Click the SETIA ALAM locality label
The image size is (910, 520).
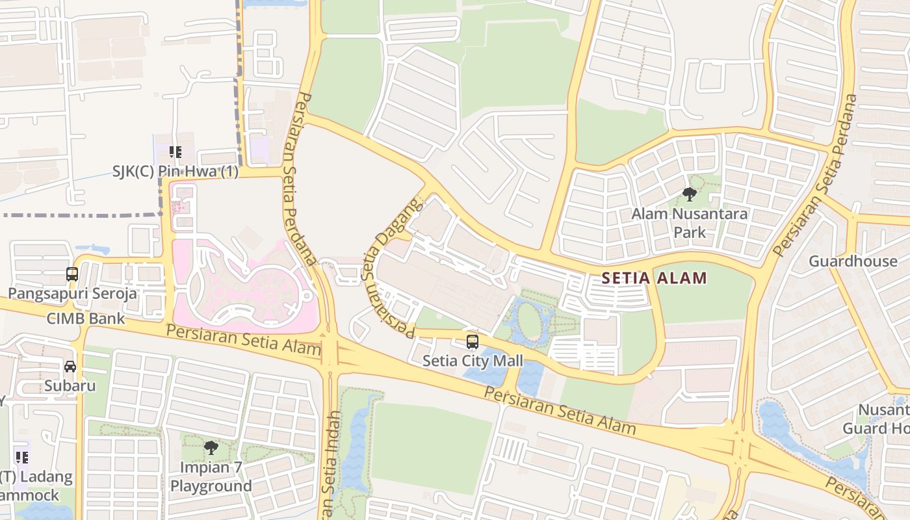point(654,279)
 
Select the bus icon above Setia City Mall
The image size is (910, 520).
point(473,342)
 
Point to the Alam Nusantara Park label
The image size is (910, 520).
point(690,222)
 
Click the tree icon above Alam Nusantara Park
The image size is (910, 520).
point(690,194)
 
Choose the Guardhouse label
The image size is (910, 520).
point(853,261)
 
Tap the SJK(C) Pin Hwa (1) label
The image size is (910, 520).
point(175,172)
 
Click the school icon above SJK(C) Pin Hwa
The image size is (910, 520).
point(175,152)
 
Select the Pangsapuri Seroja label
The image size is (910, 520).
point(72,293)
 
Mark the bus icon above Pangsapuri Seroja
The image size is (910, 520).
point(72,274)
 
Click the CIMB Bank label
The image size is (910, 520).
point(86,318)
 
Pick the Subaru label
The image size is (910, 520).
point(70,385)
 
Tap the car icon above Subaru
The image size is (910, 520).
point(70,367)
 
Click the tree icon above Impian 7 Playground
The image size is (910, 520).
point(211,447)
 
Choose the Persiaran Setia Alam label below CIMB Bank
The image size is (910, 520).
point(243,340)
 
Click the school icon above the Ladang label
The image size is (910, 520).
point(22,458)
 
